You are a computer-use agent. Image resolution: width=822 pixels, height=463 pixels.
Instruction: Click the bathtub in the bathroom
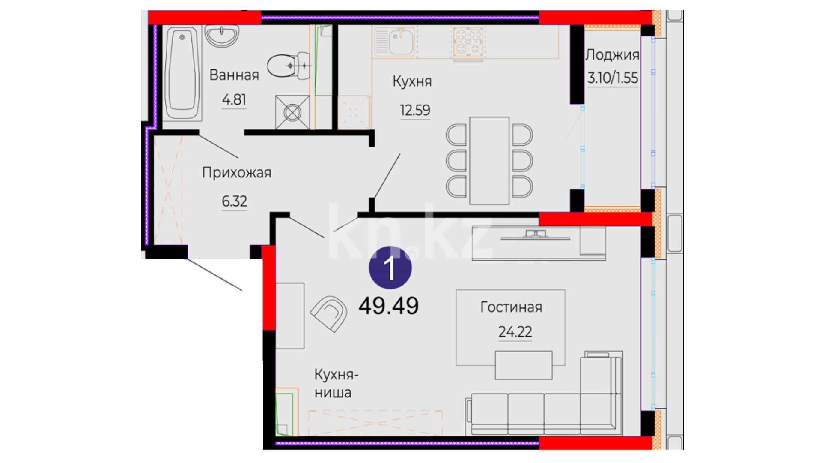point(183,74)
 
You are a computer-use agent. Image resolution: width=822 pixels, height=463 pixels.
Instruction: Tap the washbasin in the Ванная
point(222,35)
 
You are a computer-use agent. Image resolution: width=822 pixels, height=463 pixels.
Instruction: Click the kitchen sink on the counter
point(394,42)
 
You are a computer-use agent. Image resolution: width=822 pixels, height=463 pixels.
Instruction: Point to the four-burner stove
point(468,42)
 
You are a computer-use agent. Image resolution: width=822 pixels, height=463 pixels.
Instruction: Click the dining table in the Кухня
point(489,160)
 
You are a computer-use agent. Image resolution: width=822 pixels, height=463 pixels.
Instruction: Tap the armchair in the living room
point(329,313)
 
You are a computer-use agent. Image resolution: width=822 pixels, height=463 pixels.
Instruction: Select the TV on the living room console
point(536,235)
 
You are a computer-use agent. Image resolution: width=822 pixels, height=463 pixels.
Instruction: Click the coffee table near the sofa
point(524,365)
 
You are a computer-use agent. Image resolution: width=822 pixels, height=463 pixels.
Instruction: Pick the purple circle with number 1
point(390,268)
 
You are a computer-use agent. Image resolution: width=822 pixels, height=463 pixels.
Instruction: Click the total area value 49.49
point(389,306)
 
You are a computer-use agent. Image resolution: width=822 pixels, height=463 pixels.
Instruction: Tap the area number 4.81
point(234,100)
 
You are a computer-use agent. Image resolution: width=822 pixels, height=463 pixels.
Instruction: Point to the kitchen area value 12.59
point(415,110)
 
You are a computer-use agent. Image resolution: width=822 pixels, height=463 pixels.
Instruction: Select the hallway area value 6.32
point(234,201)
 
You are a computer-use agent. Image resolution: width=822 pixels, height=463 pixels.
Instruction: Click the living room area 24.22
point(515,331)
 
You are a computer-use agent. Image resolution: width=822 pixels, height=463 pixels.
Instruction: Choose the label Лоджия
point(612,55)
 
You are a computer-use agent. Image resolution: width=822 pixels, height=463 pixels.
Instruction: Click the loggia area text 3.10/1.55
point(613,78)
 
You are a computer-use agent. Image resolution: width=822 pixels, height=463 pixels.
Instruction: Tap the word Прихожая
point(237,173)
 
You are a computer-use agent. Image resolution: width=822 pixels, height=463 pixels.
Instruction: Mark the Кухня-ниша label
point(337,383)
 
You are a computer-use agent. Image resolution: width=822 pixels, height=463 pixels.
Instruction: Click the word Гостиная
point(511,307)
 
